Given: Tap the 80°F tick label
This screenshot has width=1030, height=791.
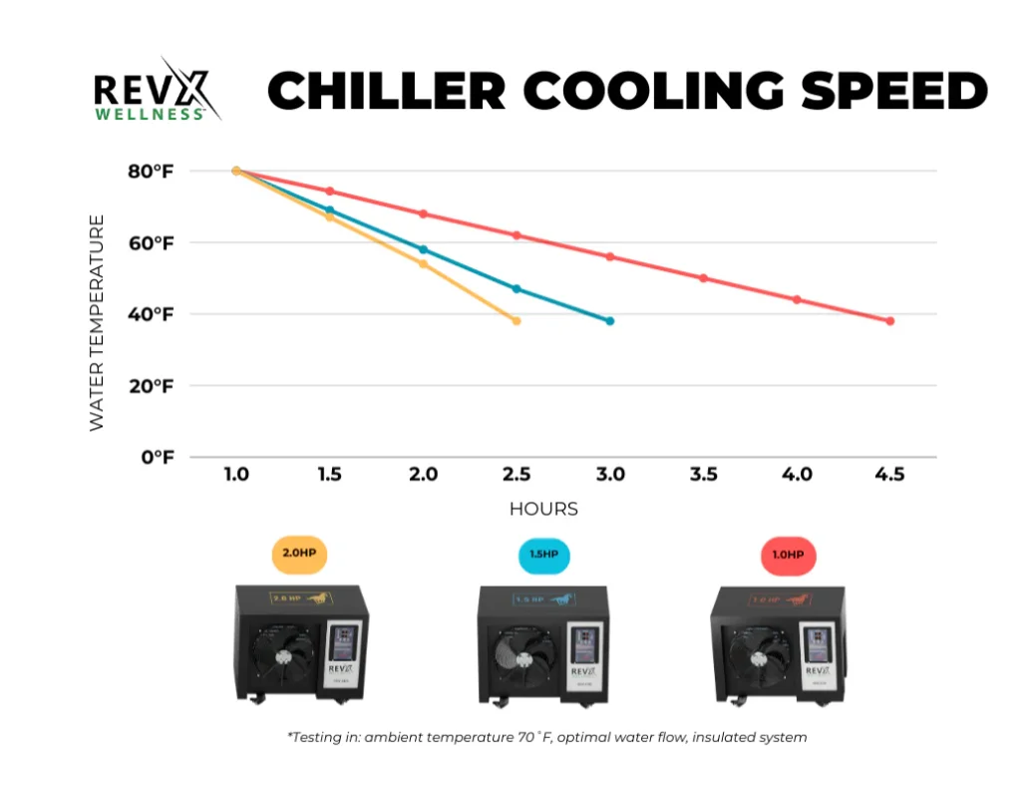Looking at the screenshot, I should point(150,172).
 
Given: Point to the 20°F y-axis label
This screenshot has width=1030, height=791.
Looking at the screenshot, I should point(150,386).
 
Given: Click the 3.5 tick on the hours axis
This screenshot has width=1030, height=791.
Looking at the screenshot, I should point(703,475).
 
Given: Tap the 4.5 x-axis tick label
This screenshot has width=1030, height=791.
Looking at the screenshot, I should point(889,475).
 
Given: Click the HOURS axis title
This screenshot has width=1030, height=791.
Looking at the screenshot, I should point(543,509).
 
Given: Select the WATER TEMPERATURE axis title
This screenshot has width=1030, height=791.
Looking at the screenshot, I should point(97,322).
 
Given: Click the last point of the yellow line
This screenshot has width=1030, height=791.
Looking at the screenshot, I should point(516,321).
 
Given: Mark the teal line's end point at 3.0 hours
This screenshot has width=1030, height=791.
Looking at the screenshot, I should point(609,321).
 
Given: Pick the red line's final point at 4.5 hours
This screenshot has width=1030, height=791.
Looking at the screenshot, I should point(889,321).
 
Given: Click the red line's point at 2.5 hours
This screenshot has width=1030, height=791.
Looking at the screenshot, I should point(516,235).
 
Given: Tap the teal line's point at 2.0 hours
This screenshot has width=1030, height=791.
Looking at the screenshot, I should point(423,249).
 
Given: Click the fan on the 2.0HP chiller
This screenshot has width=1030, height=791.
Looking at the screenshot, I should point(280,659).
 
